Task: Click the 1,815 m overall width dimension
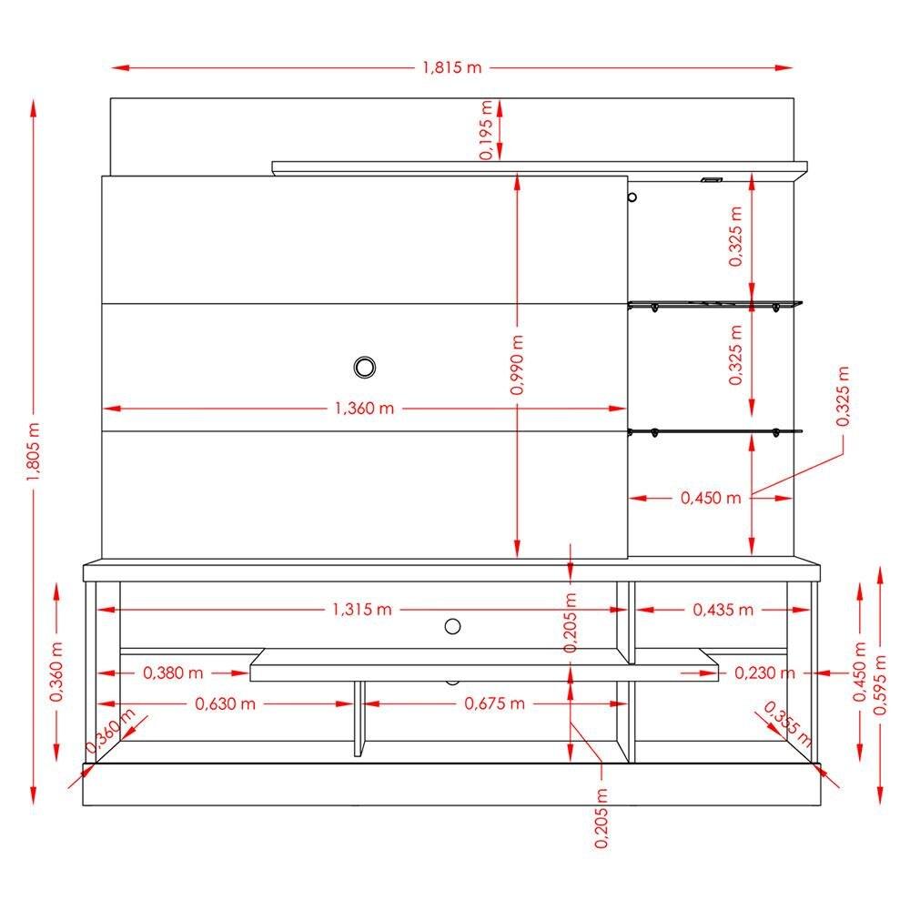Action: click(451, 68)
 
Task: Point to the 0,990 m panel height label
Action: click(517, 363)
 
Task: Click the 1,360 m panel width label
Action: click(364, 409)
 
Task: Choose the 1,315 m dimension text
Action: click(361, 610)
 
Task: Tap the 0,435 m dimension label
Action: click(723, 610)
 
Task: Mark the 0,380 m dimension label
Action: click(173, 673)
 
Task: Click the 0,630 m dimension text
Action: click(225, 703)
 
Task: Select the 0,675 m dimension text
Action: click(494, 703)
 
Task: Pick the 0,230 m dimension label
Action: click(764, 673)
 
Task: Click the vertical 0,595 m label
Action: click(880, 684)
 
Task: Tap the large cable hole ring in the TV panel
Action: click(365, 367)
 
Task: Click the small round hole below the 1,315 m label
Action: click(452, 625)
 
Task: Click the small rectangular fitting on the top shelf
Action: click(710, 179)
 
